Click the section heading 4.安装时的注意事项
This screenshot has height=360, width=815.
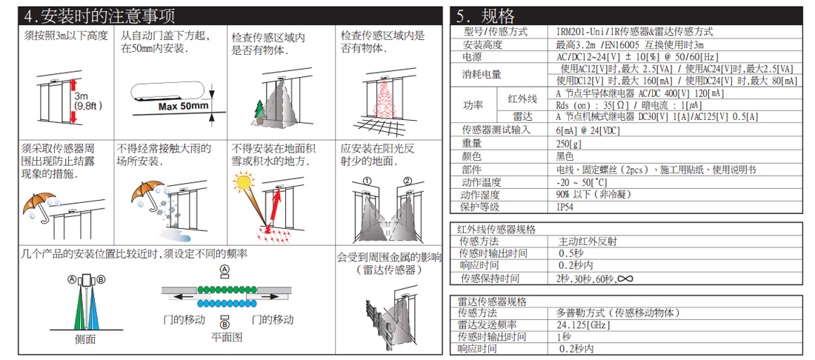[99, 16]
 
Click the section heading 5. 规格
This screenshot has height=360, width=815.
[485, 16]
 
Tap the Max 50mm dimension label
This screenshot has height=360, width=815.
[183, 107]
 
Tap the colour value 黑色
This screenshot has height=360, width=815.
[565, 156]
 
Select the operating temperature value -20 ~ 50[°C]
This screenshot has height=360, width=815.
[582, 182]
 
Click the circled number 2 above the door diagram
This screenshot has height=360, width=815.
[407, 181]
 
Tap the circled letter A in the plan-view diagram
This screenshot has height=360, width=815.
[224, 269]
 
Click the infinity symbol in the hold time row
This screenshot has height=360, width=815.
[626, 279]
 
